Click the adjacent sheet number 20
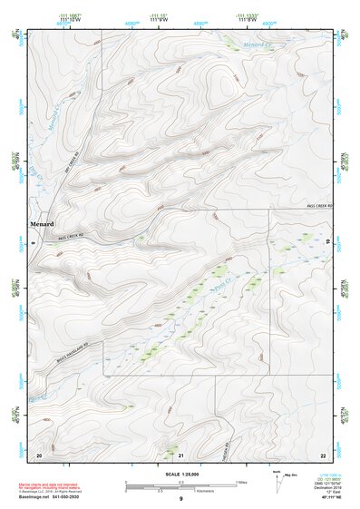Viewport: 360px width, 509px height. [38, 454]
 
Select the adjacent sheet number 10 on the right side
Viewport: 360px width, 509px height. [326, 242]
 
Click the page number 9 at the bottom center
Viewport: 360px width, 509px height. [181, 499]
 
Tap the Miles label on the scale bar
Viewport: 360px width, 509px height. [239, 481]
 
